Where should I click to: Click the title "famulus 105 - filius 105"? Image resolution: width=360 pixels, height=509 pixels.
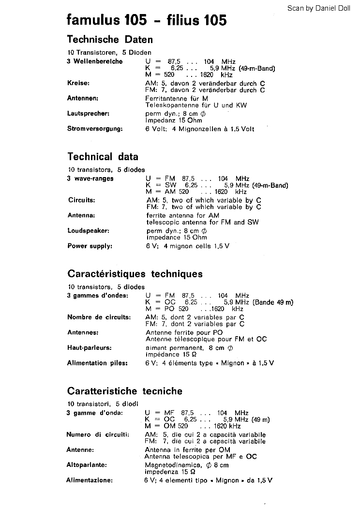147,20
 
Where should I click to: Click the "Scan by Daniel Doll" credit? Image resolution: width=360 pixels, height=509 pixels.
322,8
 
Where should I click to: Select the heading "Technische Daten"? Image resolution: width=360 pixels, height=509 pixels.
110,40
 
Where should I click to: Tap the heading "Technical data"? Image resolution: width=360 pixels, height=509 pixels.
103,157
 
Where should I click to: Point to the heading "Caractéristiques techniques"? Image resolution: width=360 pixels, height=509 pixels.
135,274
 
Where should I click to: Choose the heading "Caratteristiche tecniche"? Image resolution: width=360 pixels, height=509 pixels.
125,391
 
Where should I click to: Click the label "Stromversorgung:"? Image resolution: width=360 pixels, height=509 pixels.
95,129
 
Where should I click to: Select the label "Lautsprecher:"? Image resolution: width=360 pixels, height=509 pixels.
89,114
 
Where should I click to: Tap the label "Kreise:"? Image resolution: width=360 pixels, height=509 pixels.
78,83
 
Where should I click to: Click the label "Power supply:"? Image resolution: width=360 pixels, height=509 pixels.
90,246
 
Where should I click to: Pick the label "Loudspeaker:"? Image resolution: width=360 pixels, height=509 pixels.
89,231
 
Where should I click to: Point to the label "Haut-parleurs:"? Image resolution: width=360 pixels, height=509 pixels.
90,348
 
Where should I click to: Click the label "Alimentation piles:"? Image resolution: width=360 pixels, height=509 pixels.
98,363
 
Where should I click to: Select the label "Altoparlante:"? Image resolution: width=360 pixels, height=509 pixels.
87,465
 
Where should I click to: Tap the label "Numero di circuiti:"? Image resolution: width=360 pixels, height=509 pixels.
98,434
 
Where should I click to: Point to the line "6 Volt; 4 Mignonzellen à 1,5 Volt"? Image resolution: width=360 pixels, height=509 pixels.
199,129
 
